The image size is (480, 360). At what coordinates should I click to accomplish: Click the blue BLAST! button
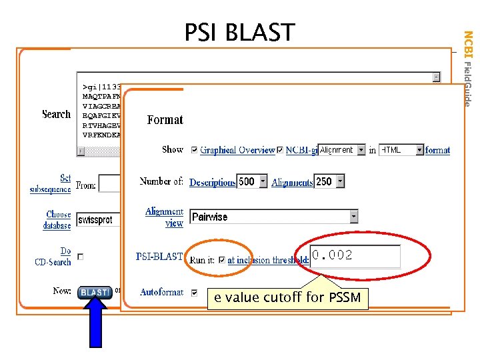click(x=95, y=292)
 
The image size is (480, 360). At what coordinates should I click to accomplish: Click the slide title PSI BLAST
click(x=239, y=32)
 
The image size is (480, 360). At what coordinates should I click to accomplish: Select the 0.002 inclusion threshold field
click(x=355, y=256)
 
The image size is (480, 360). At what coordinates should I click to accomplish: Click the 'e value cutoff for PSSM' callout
click(x=287, y=297)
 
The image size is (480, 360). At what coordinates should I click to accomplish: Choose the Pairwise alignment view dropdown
click(x=274, y=217)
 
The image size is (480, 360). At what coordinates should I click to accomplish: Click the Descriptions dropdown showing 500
click(x=253, y=181)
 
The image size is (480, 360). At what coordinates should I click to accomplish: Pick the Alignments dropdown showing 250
click(x=330, y=181)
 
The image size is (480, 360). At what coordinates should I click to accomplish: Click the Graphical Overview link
click(x=237, y=151)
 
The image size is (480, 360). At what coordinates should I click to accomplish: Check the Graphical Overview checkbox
click(x=195, y=150)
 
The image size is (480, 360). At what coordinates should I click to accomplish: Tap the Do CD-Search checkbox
click(x=81, y=257)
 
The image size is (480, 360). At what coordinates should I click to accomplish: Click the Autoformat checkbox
click(x=195, y=292)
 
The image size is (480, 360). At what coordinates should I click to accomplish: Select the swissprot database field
click(x=99, y=220)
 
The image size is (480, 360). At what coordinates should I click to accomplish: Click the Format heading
click(x=165, y=120)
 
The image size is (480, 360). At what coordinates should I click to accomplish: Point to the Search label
click(x=56, y=114)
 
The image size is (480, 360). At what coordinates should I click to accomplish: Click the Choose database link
click(x=58, y=220)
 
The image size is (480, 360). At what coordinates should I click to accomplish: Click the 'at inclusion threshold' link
click(x=268, y=260)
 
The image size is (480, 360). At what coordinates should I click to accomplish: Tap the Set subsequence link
click(x=51, y=183)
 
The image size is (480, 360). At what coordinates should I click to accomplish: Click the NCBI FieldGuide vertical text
click(x=468, y=68)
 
